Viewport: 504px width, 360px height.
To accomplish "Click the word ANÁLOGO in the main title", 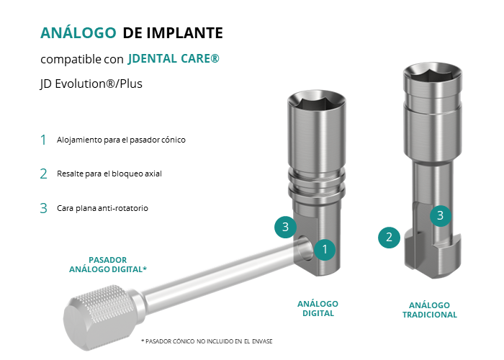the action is pos(78,33).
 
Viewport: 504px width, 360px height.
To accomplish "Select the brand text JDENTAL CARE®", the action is pos(174,59).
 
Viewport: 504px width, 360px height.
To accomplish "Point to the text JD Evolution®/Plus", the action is pos(91,84).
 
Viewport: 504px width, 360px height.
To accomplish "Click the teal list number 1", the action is pos(43,140).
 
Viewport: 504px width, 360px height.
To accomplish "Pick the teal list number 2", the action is pos(43,174).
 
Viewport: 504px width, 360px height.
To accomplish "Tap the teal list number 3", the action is pos(43,208).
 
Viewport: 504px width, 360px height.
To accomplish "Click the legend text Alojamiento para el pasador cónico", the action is pos(121,140).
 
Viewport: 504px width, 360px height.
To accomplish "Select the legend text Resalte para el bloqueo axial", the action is pos(109,174).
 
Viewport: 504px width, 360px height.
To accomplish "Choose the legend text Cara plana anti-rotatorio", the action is pos(102,208).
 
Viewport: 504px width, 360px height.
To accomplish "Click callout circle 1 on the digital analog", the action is pos(325,249).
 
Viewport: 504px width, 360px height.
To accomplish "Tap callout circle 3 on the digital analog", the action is pos(285,227).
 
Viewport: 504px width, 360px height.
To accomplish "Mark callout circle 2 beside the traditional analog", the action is pos(389,238).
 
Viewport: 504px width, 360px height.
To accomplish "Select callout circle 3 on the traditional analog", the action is pos(441,215).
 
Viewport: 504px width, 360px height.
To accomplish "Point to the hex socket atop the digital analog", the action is pos(317,102).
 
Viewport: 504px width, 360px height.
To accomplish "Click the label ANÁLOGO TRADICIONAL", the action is pos(430,310).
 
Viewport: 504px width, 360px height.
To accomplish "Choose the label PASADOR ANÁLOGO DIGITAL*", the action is pos(108,264).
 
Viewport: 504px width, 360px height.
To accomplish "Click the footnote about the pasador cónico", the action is pos(207,341).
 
